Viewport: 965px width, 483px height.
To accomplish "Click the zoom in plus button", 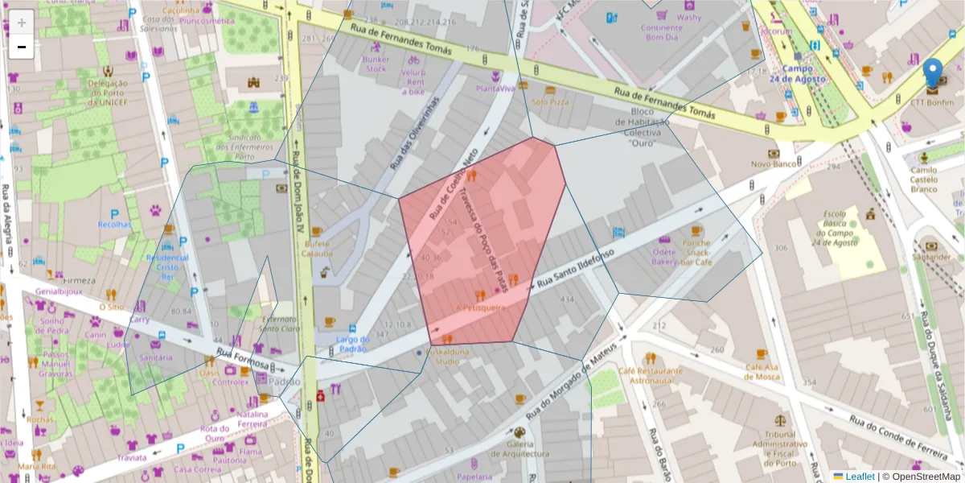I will [22, 22].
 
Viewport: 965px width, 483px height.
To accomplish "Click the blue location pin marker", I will [933, 73].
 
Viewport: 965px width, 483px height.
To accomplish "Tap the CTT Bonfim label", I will [932, 102].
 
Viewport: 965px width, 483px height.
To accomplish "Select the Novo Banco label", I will [773, 164].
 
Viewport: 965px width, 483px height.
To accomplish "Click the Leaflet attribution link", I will [859, 477].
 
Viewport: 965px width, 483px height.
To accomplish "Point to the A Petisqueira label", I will [480, 307].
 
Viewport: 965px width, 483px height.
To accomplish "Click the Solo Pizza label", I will [550, 102].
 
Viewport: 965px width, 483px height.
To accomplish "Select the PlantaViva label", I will [495, 89].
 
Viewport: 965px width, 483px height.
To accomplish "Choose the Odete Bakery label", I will [664, 256].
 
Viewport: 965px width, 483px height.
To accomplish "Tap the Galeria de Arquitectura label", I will [519, 448].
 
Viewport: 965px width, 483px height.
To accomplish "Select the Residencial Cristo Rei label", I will [167, 266].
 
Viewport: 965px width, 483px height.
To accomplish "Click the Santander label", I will [931, 257].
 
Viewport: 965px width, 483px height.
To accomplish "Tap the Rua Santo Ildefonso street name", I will [575, 270].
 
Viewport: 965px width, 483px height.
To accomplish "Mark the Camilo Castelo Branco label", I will [923, 180].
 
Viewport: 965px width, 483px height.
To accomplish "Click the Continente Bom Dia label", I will [662, 32].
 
